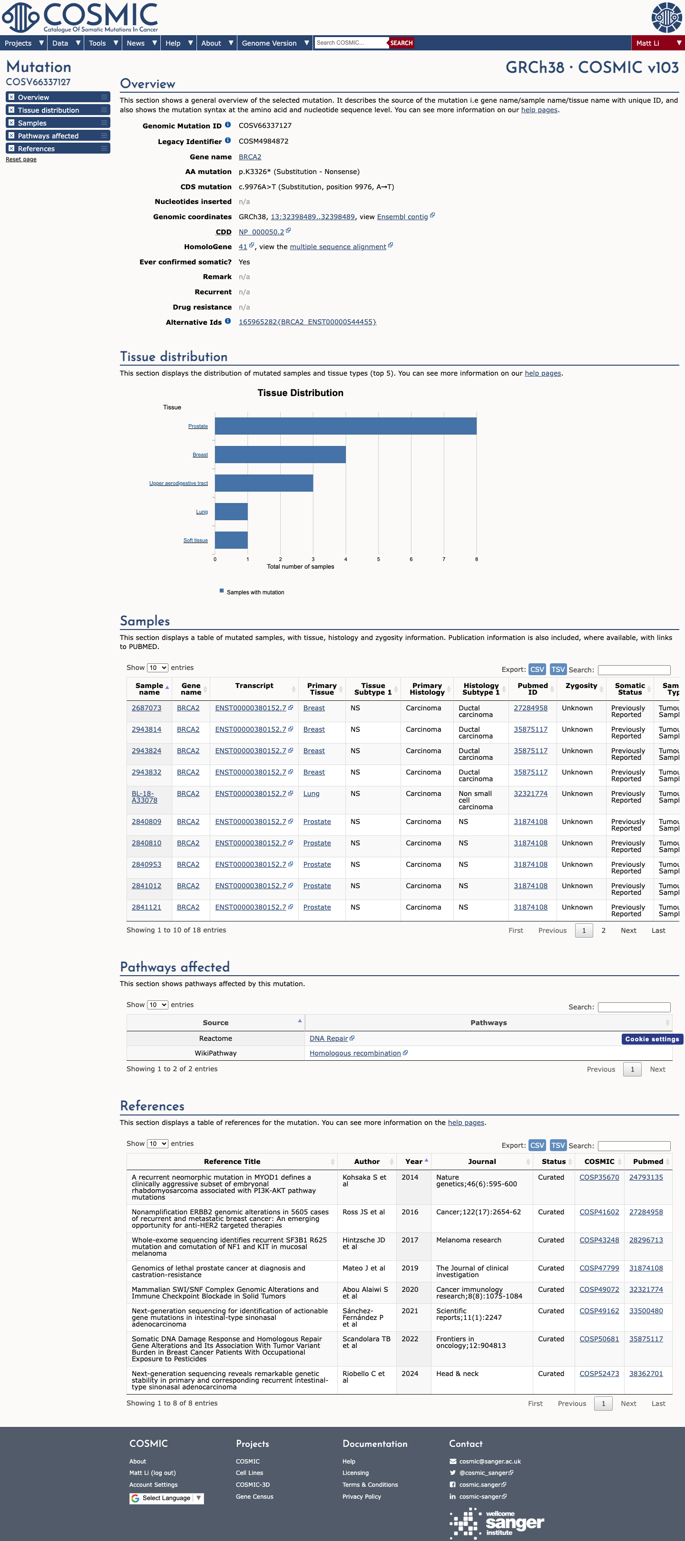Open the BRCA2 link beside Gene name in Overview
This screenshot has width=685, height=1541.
250,157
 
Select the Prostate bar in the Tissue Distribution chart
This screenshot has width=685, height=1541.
346,426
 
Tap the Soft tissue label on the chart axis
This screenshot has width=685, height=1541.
196,540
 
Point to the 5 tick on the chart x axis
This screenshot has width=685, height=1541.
378,559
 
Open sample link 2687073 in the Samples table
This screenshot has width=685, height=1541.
147,708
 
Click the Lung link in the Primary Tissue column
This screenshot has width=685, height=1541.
311,794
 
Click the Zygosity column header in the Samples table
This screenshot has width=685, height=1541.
581,686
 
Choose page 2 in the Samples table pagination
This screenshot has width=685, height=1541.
604,930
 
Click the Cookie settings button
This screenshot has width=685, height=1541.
652,1039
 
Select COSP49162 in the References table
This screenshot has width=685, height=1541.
599,1311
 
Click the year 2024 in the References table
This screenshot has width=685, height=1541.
410,1374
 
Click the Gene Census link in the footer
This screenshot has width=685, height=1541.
254,1497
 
